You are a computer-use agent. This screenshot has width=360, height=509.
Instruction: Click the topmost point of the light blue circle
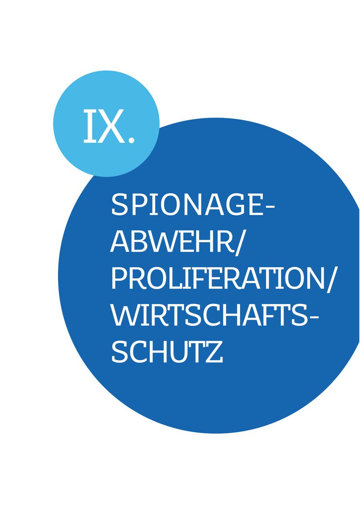[x=106, y=70]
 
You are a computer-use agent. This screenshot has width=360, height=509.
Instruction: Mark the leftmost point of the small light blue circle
[x=53, y=124]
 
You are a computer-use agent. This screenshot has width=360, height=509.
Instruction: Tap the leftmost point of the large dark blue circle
[x=58, y=275]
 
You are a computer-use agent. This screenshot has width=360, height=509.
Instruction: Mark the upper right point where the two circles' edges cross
[x=159, y=128]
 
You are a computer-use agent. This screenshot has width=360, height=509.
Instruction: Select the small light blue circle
[x=106, y=124]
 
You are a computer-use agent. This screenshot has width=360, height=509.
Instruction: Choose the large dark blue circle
[x=209, y=275]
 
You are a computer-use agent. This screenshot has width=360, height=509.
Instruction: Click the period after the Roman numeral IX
[x=131, y=139]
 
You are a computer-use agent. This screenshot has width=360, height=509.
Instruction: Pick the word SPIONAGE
[x=188, y=204]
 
